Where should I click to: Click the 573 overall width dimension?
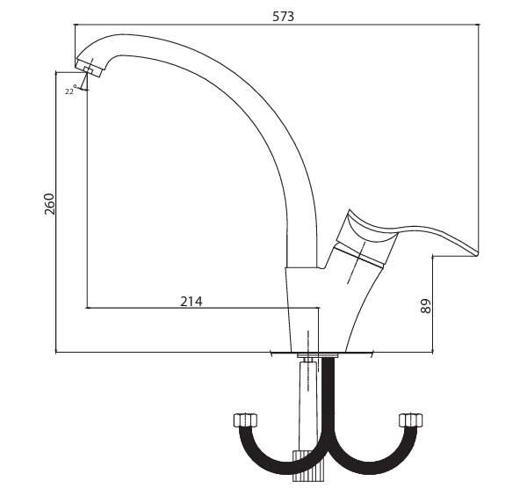283,17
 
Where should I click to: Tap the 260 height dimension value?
49,203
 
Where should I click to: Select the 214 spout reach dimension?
191,301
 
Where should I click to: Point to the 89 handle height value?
425,306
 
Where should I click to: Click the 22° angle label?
70,91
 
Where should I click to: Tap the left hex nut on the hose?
245,420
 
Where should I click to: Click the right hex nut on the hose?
411,420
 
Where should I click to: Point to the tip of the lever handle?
476,253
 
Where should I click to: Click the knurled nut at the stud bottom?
308,466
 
